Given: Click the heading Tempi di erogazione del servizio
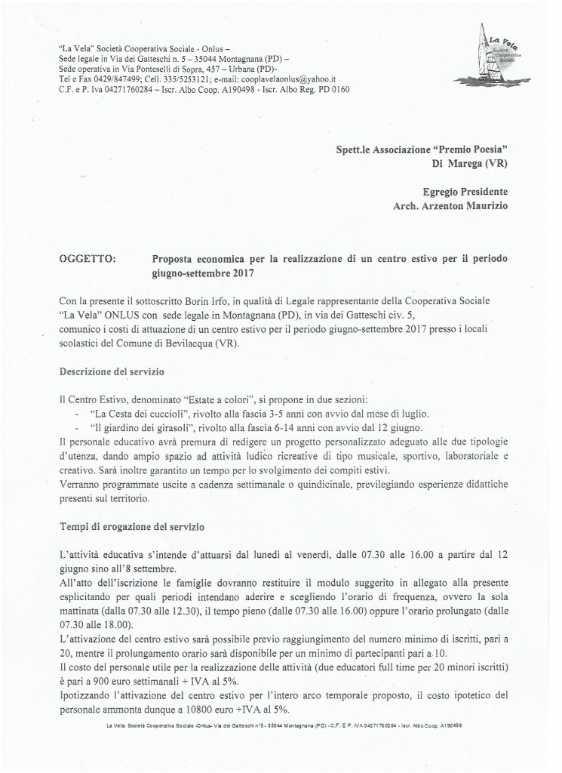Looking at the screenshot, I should tap(133, 525).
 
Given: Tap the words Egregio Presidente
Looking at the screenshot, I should tap(466, 192).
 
